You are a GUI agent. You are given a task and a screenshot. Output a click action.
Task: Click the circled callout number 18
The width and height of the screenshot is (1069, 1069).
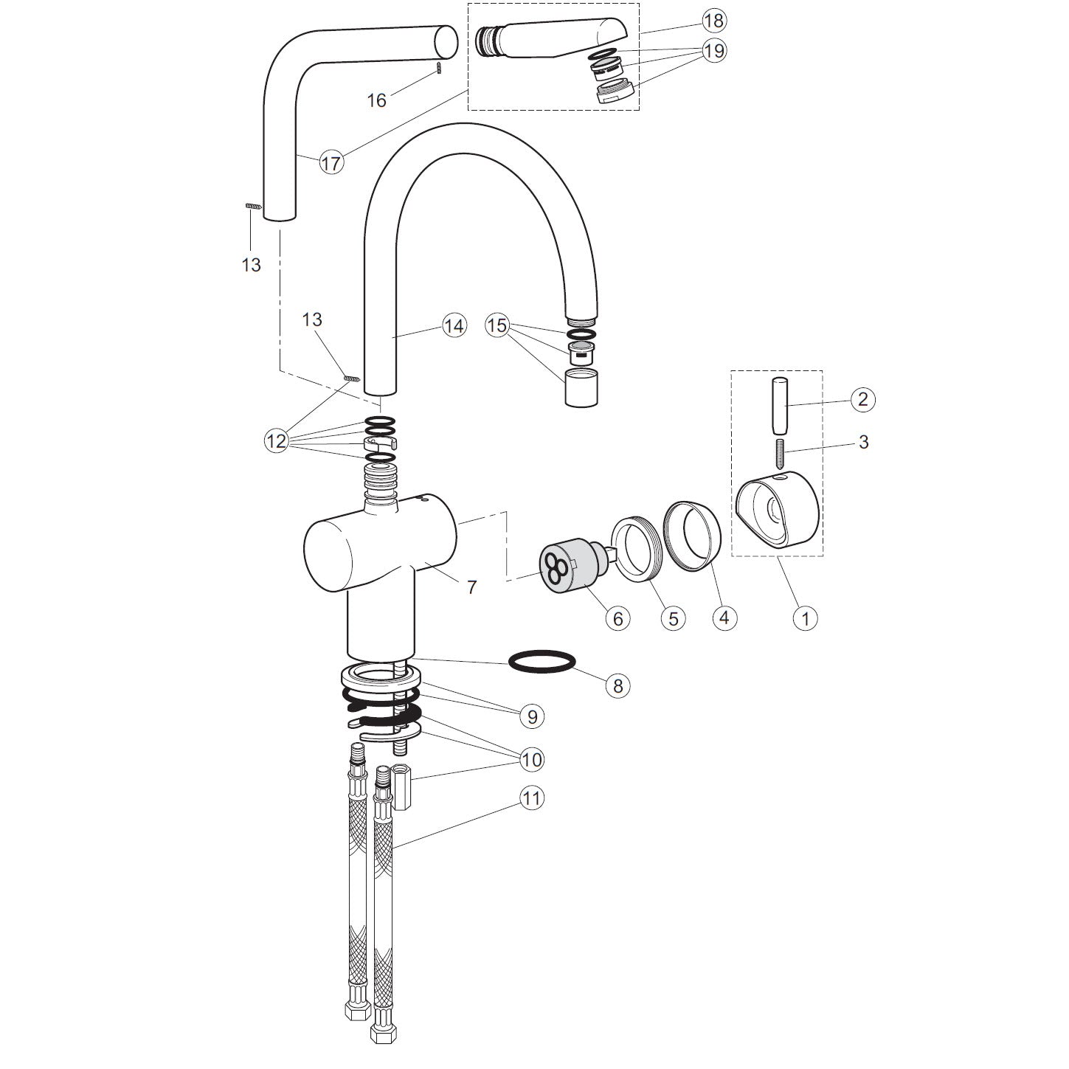tap(713, 21)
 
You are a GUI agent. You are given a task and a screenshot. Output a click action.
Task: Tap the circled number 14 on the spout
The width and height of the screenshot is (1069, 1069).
tap(454, 325)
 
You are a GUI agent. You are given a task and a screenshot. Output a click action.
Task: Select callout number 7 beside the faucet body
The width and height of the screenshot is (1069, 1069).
tap(471, 587)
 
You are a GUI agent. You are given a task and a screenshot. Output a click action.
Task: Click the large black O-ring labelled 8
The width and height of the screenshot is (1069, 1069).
tap(542, 662)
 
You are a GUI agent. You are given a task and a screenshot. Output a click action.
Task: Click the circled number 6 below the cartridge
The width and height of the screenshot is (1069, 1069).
tap(618, 618)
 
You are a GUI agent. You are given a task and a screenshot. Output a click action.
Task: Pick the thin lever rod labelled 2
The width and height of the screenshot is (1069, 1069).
tap(778, 406)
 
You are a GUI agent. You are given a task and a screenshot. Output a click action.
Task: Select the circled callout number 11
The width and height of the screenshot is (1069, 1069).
tap(531, 798)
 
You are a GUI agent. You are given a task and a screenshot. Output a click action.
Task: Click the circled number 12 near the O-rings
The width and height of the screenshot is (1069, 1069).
tap(276, 442)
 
